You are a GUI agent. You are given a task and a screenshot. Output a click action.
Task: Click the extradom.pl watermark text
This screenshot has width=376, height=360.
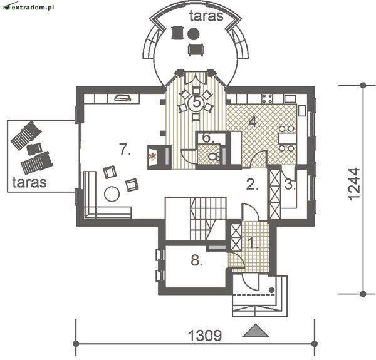click(33, 7)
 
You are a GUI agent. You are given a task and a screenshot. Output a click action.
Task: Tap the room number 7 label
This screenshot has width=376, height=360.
click(125, 149)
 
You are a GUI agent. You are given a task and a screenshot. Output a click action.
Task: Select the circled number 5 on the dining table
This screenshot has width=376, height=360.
click(196, 103)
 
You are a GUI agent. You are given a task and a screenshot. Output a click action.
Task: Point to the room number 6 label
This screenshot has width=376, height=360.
click(209, 138)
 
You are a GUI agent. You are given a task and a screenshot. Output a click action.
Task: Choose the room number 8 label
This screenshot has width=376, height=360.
click(196, 260)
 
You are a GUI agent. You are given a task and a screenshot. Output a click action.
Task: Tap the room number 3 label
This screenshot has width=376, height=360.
click(290, 185)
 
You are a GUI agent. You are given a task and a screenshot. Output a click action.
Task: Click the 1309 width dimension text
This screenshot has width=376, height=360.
click(205, 336)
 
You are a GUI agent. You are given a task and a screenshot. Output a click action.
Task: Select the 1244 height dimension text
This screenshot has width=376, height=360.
click(354, 184)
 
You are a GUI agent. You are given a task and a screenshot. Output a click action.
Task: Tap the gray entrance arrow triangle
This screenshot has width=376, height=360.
click(256, 331)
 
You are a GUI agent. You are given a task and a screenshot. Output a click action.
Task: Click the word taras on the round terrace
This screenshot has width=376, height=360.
click(206, 16)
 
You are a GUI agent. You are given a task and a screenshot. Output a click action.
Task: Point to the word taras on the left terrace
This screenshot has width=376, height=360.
click(29, 182)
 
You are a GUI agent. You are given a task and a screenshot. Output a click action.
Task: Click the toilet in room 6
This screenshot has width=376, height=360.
click(214, 157)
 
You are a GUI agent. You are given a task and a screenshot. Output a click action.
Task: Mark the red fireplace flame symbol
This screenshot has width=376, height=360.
click(152, 157)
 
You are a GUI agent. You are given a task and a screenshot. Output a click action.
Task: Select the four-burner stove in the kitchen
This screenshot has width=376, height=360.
click(267, 98)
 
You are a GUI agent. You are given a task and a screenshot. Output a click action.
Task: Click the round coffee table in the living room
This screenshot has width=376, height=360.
click(112, 194)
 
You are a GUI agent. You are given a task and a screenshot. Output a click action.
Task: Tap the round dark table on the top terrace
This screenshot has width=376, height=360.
click(193, 34)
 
